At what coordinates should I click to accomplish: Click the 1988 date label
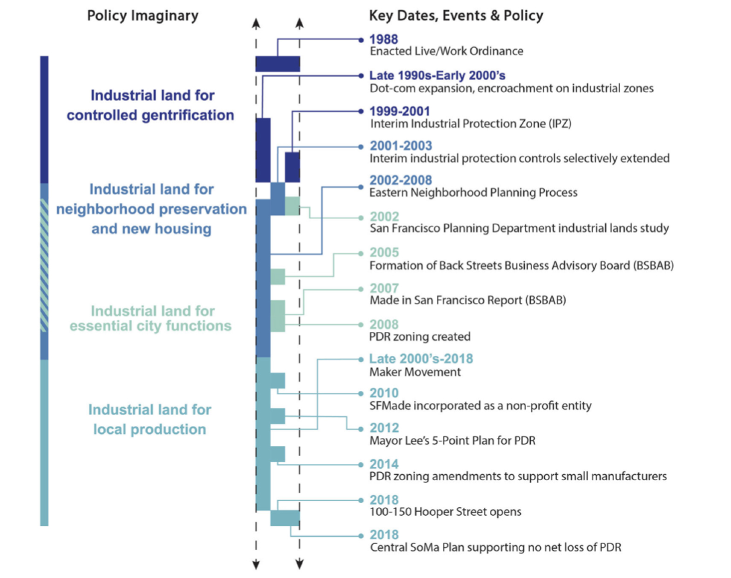383,40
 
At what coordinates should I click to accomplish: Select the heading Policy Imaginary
142,16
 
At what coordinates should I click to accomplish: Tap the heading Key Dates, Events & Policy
456,16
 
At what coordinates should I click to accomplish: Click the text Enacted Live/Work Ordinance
446,51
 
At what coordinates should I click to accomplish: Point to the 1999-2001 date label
399,111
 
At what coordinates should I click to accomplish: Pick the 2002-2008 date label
400,180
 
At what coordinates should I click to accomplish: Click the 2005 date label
384,252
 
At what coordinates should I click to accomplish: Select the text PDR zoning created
420,336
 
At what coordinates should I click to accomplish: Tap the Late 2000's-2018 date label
421,359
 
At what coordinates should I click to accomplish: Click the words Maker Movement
415,372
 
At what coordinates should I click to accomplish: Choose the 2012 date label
384,428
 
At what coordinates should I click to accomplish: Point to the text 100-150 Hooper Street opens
445,512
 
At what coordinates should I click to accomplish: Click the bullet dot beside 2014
361,464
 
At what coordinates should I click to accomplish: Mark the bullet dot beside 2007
361,289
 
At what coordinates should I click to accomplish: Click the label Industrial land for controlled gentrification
150,105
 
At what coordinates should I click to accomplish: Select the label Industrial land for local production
149,419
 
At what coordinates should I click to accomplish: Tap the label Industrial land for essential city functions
150,318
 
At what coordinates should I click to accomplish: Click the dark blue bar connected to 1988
278,64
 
